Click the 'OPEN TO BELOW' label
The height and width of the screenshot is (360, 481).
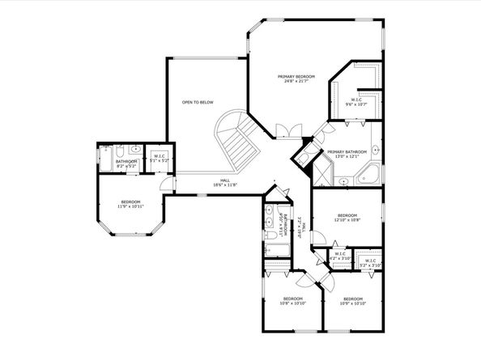pyautogui.click(x=198, y=103)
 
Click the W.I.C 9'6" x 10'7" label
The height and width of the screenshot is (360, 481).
pyautogui.click(x=356, y=102)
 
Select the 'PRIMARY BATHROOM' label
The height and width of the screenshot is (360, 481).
pyautogui.click(x=348, y=153)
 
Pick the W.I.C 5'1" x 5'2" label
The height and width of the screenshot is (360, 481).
pyautogui.click(x=160, y=159)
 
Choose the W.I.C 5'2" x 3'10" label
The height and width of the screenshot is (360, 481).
pyautogui.click(x=369, y=263)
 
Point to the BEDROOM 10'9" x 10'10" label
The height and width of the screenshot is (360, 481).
pyautogui.click(x=354, y=301)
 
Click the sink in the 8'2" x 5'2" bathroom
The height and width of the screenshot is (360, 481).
pyautogui.click(x=136, y=150)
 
